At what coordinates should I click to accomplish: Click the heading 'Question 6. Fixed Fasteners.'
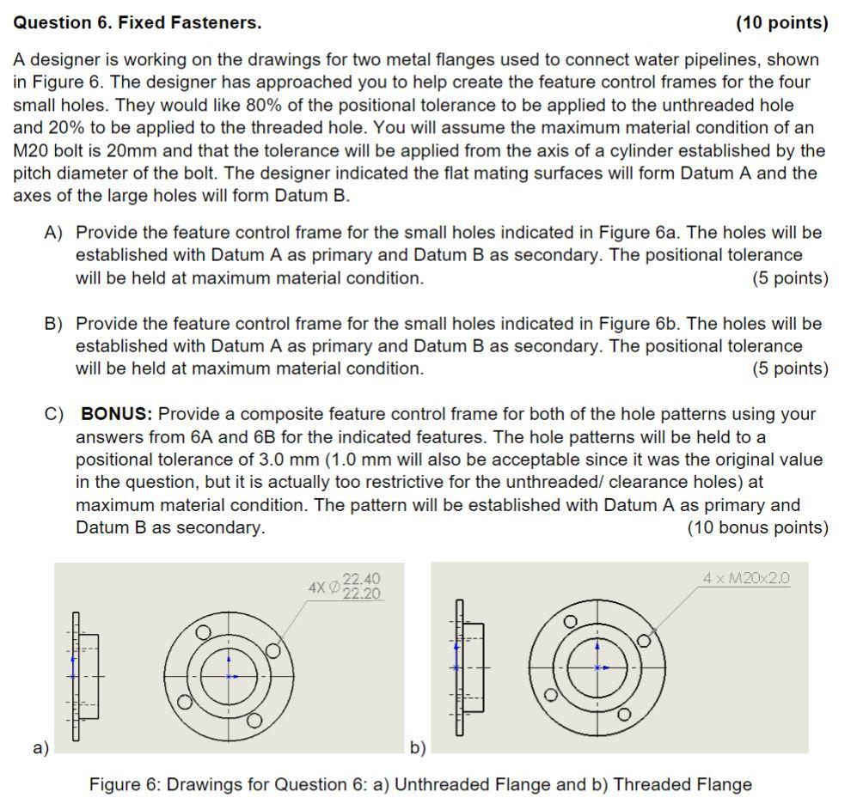(138, 23)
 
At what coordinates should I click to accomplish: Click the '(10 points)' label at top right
(781, 23)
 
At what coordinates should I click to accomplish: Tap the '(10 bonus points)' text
(757, 527)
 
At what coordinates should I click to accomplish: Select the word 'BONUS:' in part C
(116, 414)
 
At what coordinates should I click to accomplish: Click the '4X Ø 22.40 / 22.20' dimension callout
(345, 587)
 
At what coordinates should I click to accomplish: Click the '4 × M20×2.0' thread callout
(745, 578)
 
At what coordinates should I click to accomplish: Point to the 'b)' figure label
(417, 746)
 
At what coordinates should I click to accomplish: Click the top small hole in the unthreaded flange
(203, 632)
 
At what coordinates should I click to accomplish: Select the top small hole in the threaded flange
(569, 622)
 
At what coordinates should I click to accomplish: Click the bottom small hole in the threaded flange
(624, 715)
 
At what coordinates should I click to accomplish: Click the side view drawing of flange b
(467, 667)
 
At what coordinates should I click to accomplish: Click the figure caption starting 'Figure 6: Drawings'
(420, 784)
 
